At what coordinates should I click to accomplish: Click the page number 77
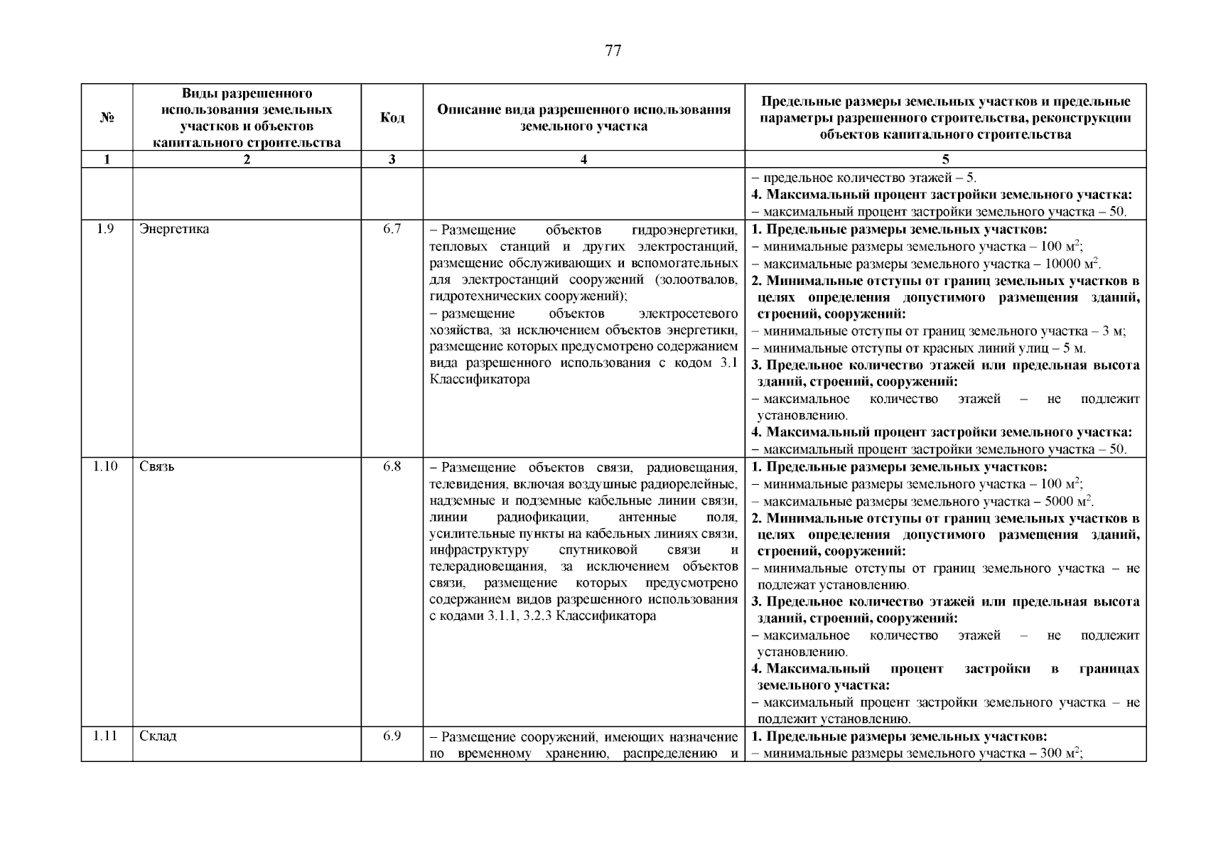point(613,50)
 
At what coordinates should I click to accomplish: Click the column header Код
point(392,117)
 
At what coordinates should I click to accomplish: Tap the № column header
point(107,117)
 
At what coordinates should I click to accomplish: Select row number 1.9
point(105,229)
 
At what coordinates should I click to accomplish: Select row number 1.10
point(105,466)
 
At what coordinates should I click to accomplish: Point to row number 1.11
point(105,736)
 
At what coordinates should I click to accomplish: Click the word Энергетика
point(174,229)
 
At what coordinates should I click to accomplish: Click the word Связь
point(157,466)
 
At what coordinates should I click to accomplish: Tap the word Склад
point(158,736)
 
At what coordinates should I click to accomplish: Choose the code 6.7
point(392,229)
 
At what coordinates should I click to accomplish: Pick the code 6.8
point(392,466)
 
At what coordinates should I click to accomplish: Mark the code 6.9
point(392,736)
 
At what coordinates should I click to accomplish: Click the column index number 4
point(583,160)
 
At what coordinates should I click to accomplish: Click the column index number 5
point(945,160)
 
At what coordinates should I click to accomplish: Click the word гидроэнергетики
point(684,230)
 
